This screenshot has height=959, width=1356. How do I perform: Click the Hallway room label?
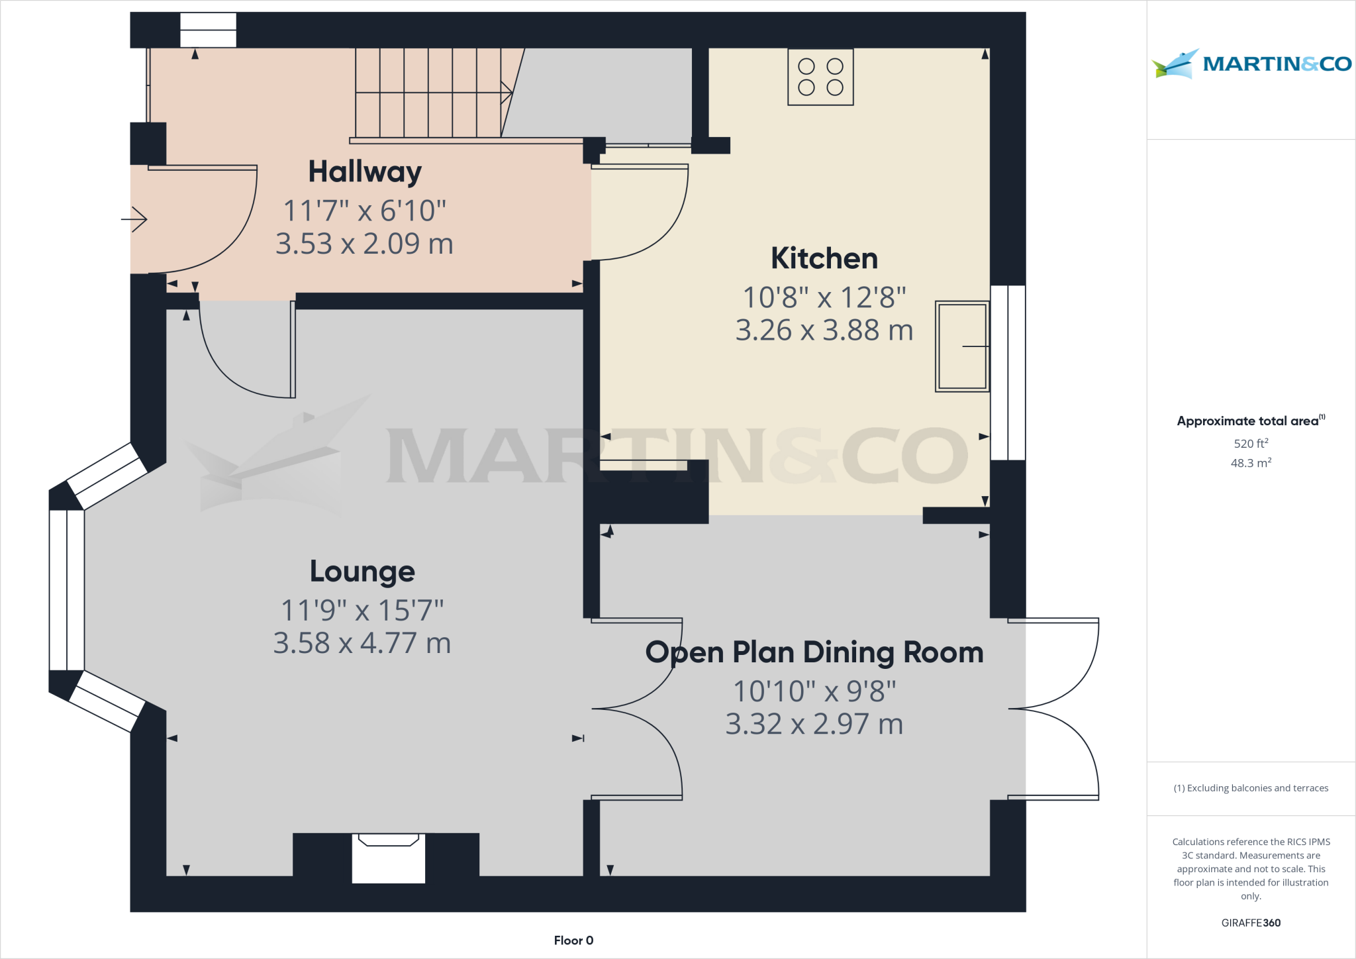(365, 172)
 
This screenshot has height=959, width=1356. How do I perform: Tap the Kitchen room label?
(824, 258)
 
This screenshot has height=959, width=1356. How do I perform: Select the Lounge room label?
(362, 572)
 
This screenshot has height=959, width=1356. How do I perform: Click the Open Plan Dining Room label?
(814, 652)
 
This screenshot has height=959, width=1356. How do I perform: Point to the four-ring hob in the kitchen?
(820, 77)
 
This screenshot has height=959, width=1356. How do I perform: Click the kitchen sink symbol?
(962, 346)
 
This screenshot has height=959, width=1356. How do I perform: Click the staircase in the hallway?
(430, 93)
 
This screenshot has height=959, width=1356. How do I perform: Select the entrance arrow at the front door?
(134, 219)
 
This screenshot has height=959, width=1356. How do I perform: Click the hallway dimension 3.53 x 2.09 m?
(364, 244)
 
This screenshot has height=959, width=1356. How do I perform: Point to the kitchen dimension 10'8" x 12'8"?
(824, 297)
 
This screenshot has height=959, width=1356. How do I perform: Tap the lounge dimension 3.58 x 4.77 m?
(362, 643)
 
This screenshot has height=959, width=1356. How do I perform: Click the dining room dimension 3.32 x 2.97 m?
(814, 724)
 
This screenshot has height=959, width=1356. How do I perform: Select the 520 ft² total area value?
(1251, 443)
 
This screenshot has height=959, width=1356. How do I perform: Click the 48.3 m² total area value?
(1251, 463)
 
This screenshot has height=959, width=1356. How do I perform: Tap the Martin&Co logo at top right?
(1251, 64)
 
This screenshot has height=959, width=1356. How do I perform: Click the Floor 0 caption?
(573, 940)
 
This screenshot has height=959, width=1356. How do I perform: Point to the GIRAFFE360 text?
(1251, 923)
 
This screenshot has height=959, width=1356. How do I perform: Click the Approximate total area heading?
(1248, 421)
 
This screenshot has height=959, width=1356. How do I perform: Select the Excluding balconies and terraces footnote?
(1251, 788)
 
